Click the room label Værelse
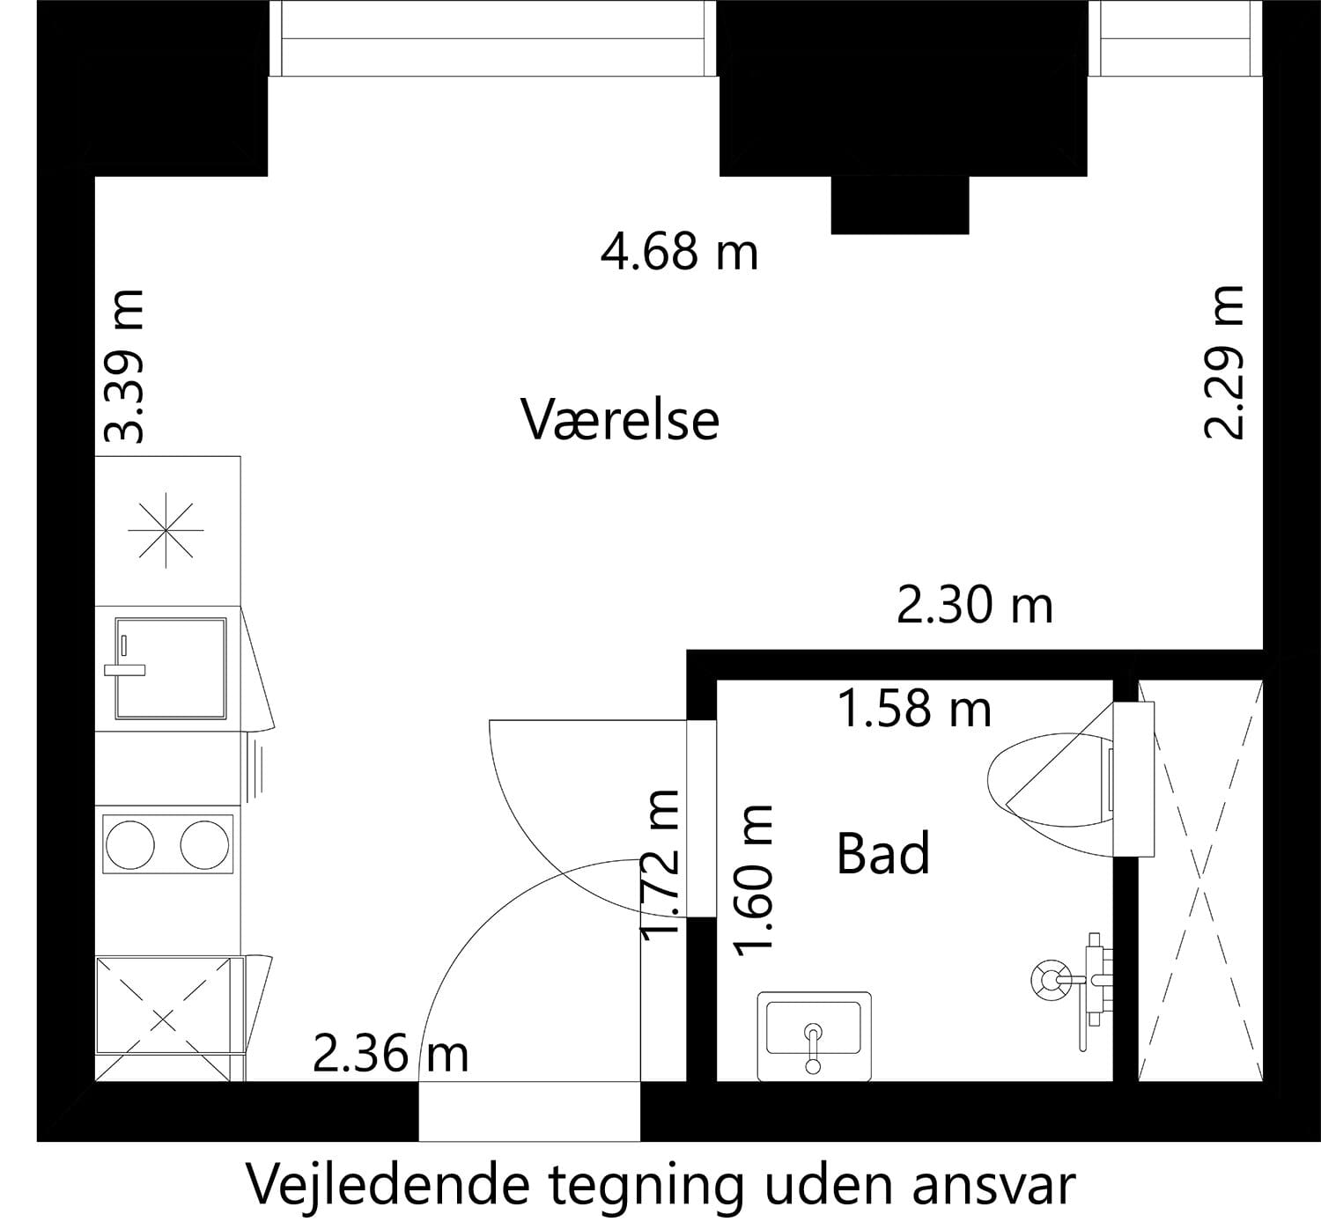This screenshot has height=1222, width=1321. coord(620,420)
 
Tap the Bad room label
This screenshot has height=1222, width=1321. coord(882,854)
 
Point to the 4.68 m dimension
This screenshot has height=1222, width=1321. coord(679,252)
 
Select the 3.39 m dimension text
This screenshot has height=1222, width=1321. coord(123,366)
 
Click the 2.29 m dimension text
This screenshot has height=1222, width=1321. coord(1223,363)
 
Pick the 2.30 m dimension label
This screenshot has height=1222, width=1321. coord(974,606)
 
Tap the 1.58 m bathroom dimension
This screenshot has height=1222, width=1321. coord(914,708)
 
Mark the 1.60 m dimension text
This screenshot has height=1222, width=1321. coord(754,880)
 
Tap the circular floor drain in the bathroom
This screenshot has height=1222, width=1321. coord(1052,979)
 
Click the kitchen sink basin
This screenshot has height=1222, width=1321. coord(170,668)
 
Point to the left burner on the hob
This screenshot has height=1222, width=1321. coord(130,845)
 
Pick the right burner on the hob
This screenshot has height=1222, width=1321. coord(205,845)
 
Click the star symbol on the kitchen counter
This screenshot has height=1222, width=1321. coord(166,530)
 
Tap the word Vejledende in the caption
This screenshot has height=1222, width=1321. coord(388,1184)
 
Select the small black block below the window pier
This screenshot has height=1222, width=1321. coord(900,205)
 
